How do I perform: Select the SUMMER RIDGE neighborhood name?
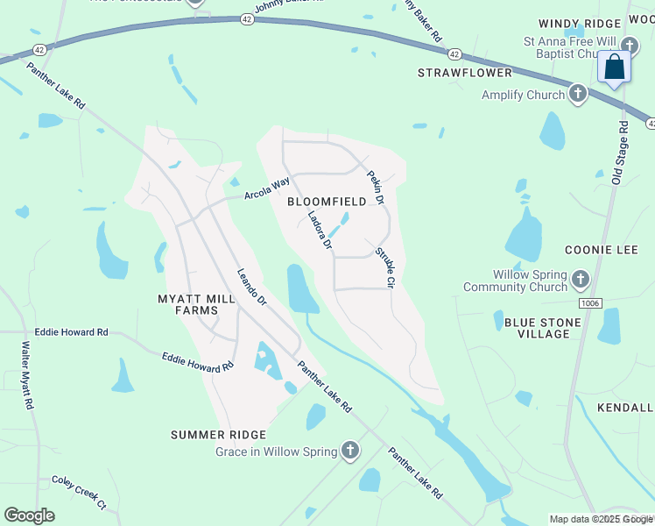point(218,435)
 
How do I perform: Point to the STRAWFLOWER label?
point(463,72)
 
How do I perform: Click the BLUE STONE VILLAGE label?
point(543,328)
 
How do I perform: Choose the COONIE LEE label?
point(601,250)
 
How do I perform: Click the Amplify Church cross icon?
point(577,94)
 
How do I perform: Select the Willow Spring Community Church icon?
point(581,281)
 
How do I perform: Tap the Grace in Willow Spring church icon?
point(349,451)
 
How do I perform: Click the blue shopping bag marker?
point(615,67)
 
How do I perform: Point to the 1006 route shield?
point(590,302)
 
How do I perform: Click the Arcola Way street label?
point(267,187)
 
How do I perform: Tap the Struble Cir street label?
point(385,268)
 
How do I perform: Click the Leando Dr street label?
point(252,287)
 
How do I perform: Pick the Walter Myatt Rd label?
point(26,376)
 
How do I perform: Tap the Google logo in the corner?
point(29,515)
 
